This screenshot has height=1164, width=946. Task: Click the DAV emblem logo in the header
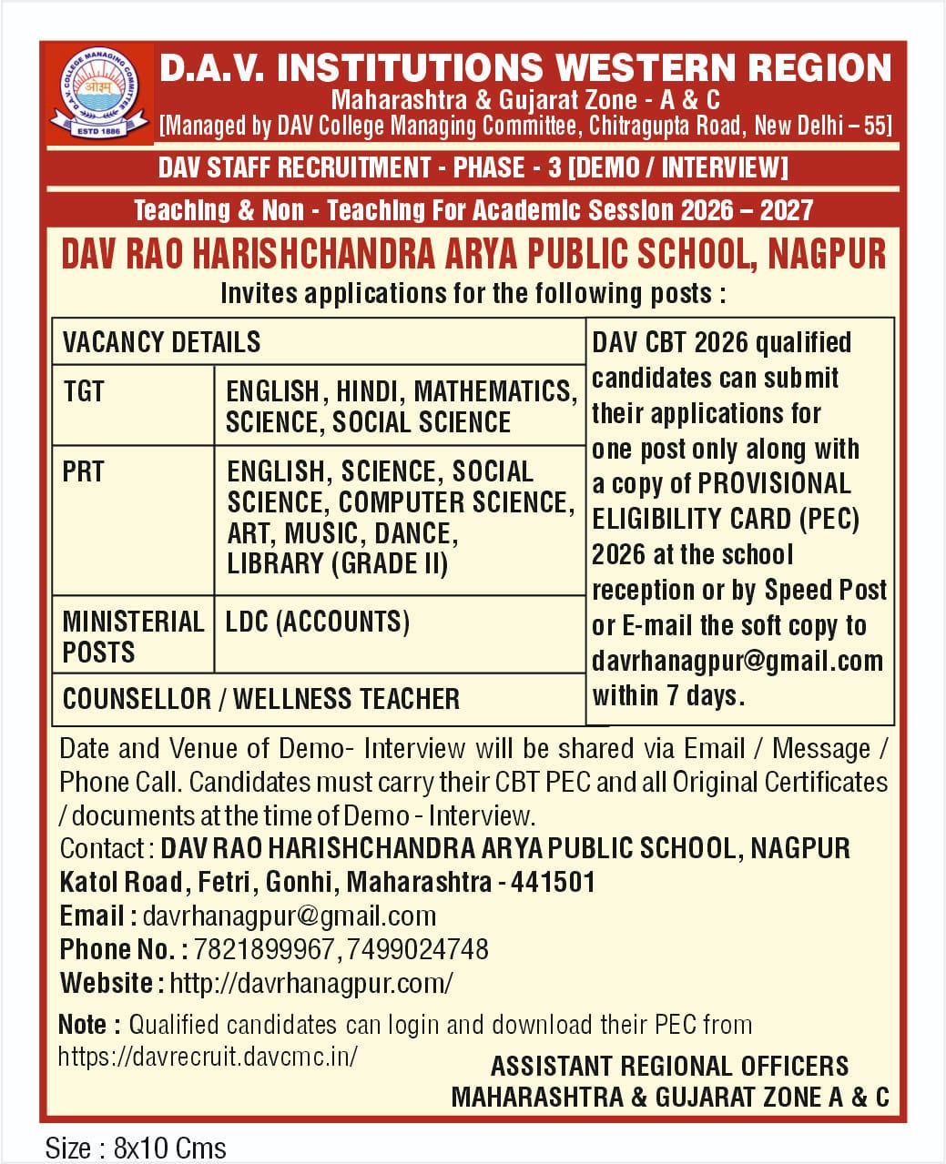[97, 93]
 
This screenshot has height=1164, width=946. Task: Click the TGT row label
[84, 391]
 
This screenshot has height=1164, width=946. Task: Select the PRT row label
[83, 471]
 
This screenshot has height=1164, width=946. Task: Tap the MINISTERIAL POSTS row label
[132, 636]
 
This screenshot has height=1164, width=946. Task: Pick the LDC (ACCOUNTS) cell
[318, 622]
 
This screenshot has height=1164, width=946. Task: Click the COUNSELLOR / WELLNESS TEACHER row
[261, 699]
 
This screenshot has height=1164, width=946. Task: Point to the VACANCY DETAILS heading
[161, 342]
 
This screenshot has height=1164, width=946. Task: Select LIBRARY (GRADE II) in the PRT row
[337, 564]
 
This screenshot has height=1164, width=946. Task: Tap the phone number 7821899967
[264, 949]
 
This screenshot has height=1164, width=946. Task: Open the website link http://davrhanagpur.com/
[310, 983]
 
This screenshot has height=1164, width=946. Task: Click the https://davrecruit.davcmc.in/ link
[208, 1056]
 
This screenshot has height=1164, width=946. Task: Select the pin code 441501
[553, 882]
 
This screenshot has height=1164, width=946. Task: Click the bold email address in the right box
[737, 661]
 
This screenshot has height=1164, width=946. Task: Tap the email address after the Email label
[289, 916]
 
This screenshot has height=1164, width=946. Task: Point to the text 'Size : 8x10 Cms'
[136, 1148]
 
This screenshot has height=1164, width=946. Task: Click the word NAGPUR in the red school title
[827, 254]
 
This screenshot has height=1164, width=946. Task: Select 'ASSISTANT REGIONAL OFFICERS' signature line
[669, 1066]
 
